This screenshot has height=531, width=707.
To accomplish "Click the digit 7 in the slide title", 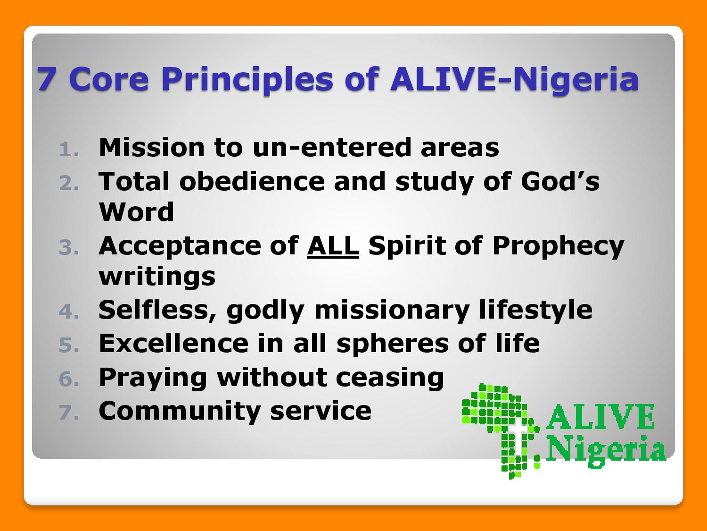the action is click(x=45, y=79).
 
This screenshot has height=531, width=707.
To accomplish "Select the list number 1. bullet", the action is click(x=69, y=150).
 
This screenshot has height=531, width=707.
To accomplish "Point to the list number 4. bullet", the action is click(x=69, y=312).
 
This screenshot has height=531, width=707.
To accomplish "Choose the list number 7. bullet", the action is click(x=69, y=413).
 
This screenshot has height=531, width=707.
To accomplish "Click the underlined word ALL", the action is click(x=333, y=246).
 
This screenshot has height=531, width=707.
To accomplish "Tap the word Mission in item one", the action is click(x=152, y=147).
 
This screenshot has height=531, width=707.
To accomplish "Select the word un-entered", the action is click(x=332, y=148).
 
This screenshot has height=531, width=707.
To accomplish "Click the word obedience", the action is click(x=252, y=181).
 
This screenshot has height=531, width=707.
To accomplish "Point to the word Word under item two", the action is click(x=137, y=212).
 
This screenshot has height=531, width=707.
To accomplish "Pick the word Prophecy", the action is click(x=558, y=247).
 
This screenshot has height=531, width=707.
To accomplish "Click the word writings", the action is click(x=157, y=277).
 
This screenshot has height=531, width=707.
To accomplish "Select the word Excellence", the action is click(x=173, y=343).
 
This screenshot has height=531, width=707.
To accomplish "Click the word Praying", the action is click(x=153, y=378).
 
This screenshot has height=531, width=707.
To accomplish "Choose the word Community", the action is click(x=180, y=412).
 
